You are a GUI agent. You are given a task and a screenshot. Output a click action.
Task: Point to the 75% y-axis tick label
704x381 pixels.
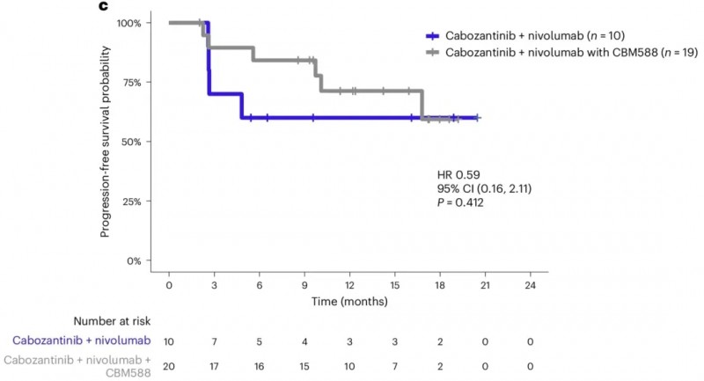click(131, 83)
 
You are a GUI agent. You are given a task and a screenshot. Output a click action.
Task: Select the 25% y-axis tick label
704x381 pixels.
click(131, 201)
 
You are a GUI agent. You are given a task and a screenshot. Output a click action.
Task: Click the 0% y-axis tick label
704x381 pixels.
click(134, 261)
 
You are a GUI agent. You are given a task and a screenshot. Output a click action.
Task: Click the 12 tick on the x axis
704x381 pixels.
click(349, 287)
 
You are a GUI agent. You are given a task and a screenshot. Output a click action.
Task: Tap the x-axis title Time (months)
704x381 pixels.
click(348, 302)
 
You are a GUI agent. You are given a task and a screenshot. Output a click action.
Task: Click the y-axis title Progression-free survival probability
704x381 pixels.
click(105, 142)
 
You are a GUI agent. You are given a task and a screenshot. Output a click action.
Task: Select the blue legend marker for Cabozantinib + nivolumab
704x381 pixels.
click(431, 36)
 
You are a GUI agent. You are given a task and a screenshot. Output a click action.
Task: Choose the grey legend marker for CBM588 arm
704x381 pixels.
click(431, 53)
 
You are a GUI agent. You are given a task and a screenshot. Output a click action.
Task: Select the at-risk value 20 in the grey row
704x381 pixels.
click(168, 365)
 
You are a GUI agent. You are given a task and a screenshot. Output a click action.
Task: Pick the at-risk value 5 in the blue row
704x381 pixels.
click(259, 340)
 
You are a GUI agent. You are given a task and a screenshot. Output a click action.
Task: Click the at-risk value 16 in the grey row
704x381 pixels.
click(259, 365)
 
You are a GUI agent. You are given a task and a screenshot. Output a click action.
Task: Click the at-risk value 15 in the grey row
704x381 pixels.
click(304, 365)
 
